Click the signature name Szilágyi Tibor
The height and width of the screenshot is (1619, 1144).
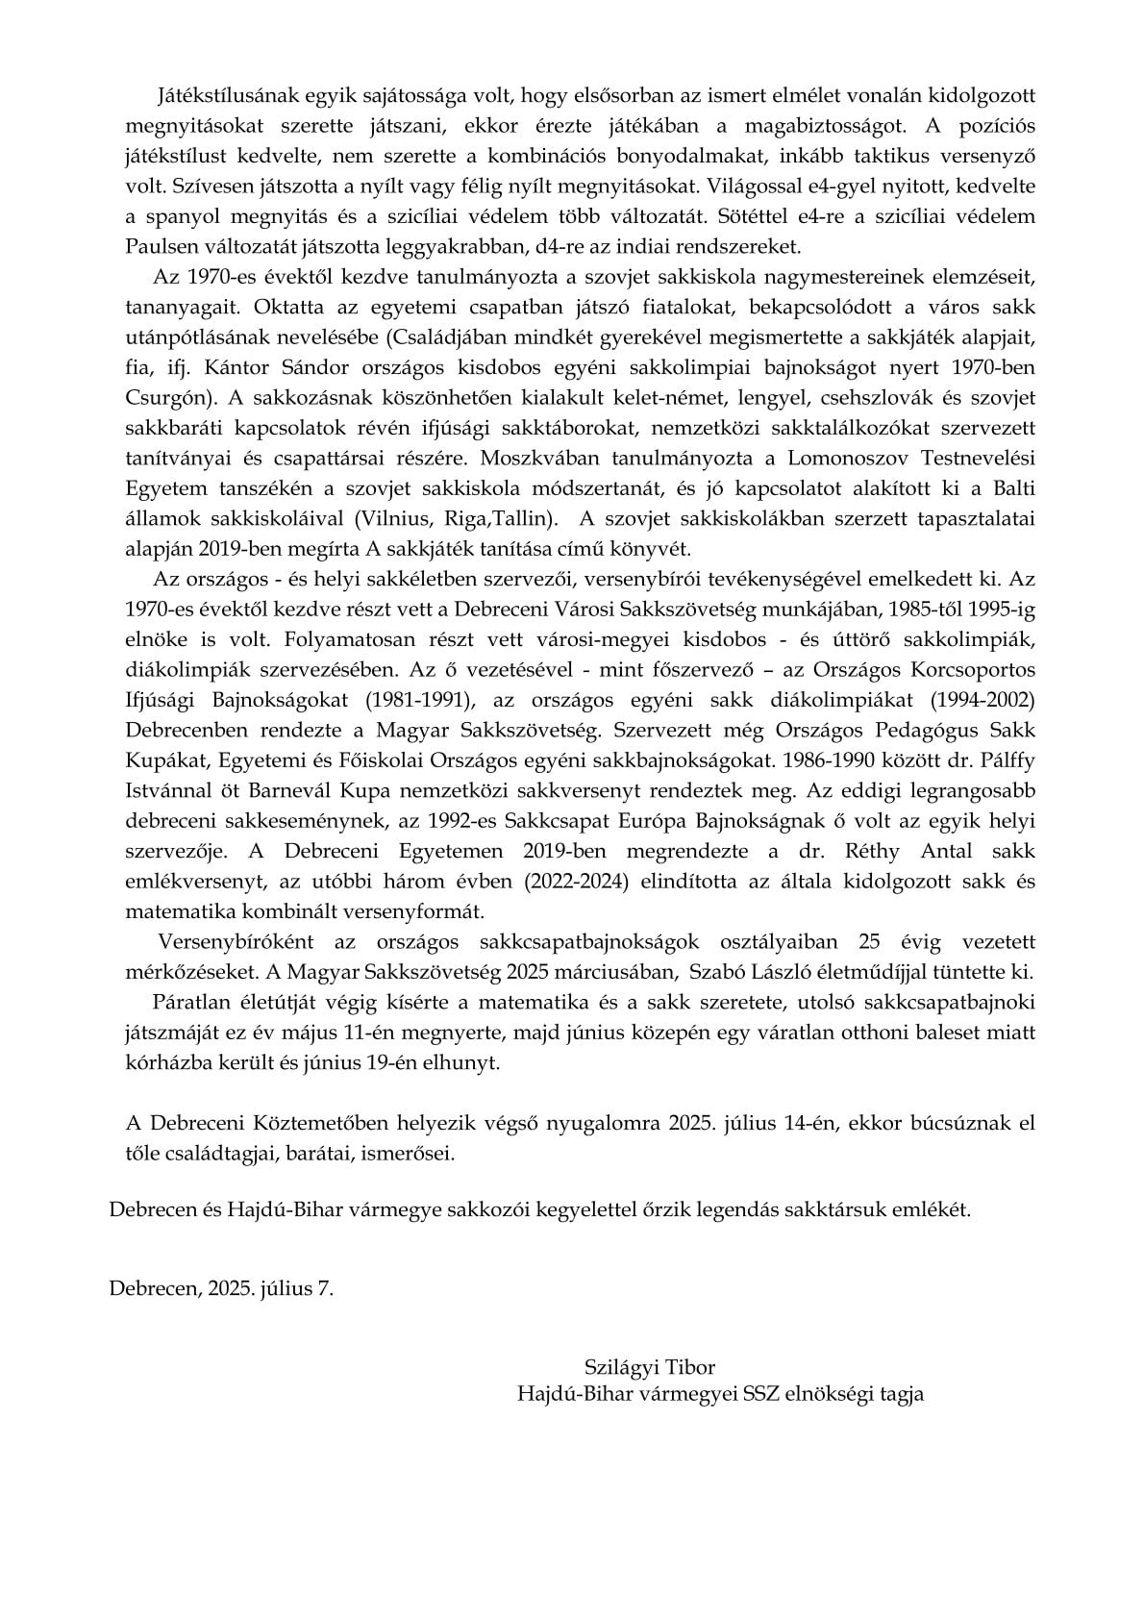coord(649,1366)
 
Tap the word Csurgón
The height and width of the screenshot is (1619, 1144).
coord(158,398)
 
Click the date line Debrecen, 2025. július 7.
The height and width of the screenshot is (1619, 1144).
coord(222,1289)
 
